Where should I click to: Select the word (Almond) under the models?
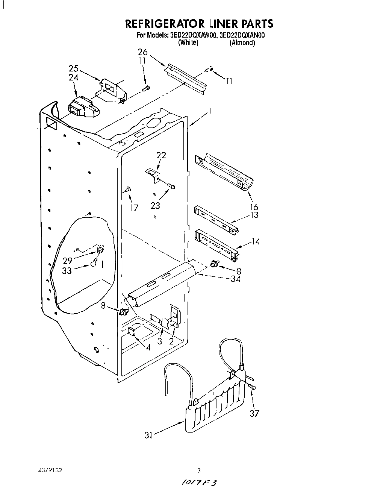242,43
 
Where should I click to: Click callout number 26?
142,52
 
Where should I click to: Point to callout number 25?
74,68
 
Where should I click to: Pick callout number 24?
74,77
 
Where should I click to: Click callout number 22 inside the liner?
161,155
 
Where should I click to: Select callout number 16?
254,207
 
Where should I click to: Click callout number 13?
254,215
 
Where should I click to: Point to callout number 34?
235,279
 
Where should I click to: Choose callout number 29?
68,261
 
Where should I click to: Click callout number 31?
148,435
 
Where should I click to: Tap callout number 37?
254,413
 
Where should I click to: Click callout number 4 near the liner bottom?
148,348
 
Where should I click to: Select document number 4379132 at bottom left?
50,470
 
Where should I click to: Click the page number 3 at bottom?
199,470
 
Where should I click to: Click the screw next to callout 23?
172,186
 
